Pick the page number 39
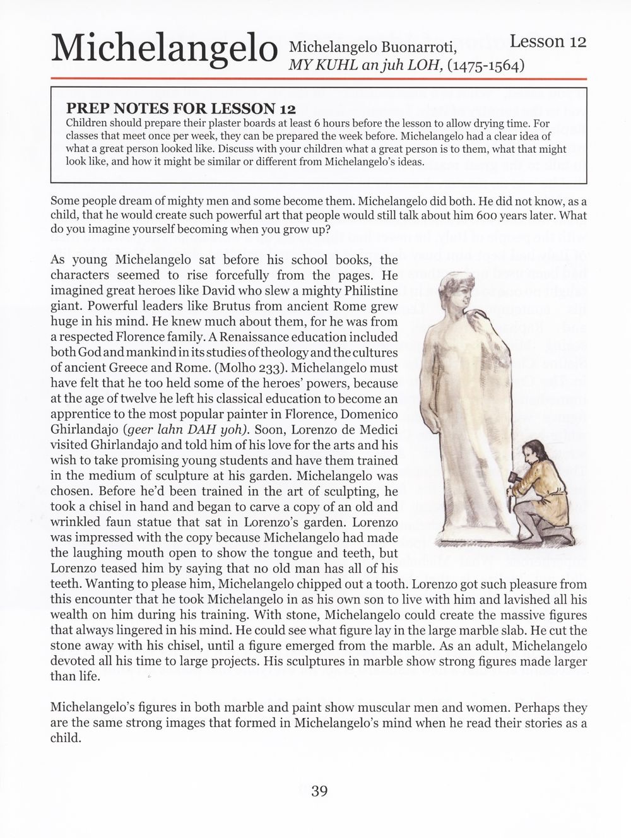tap(319, 791)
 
